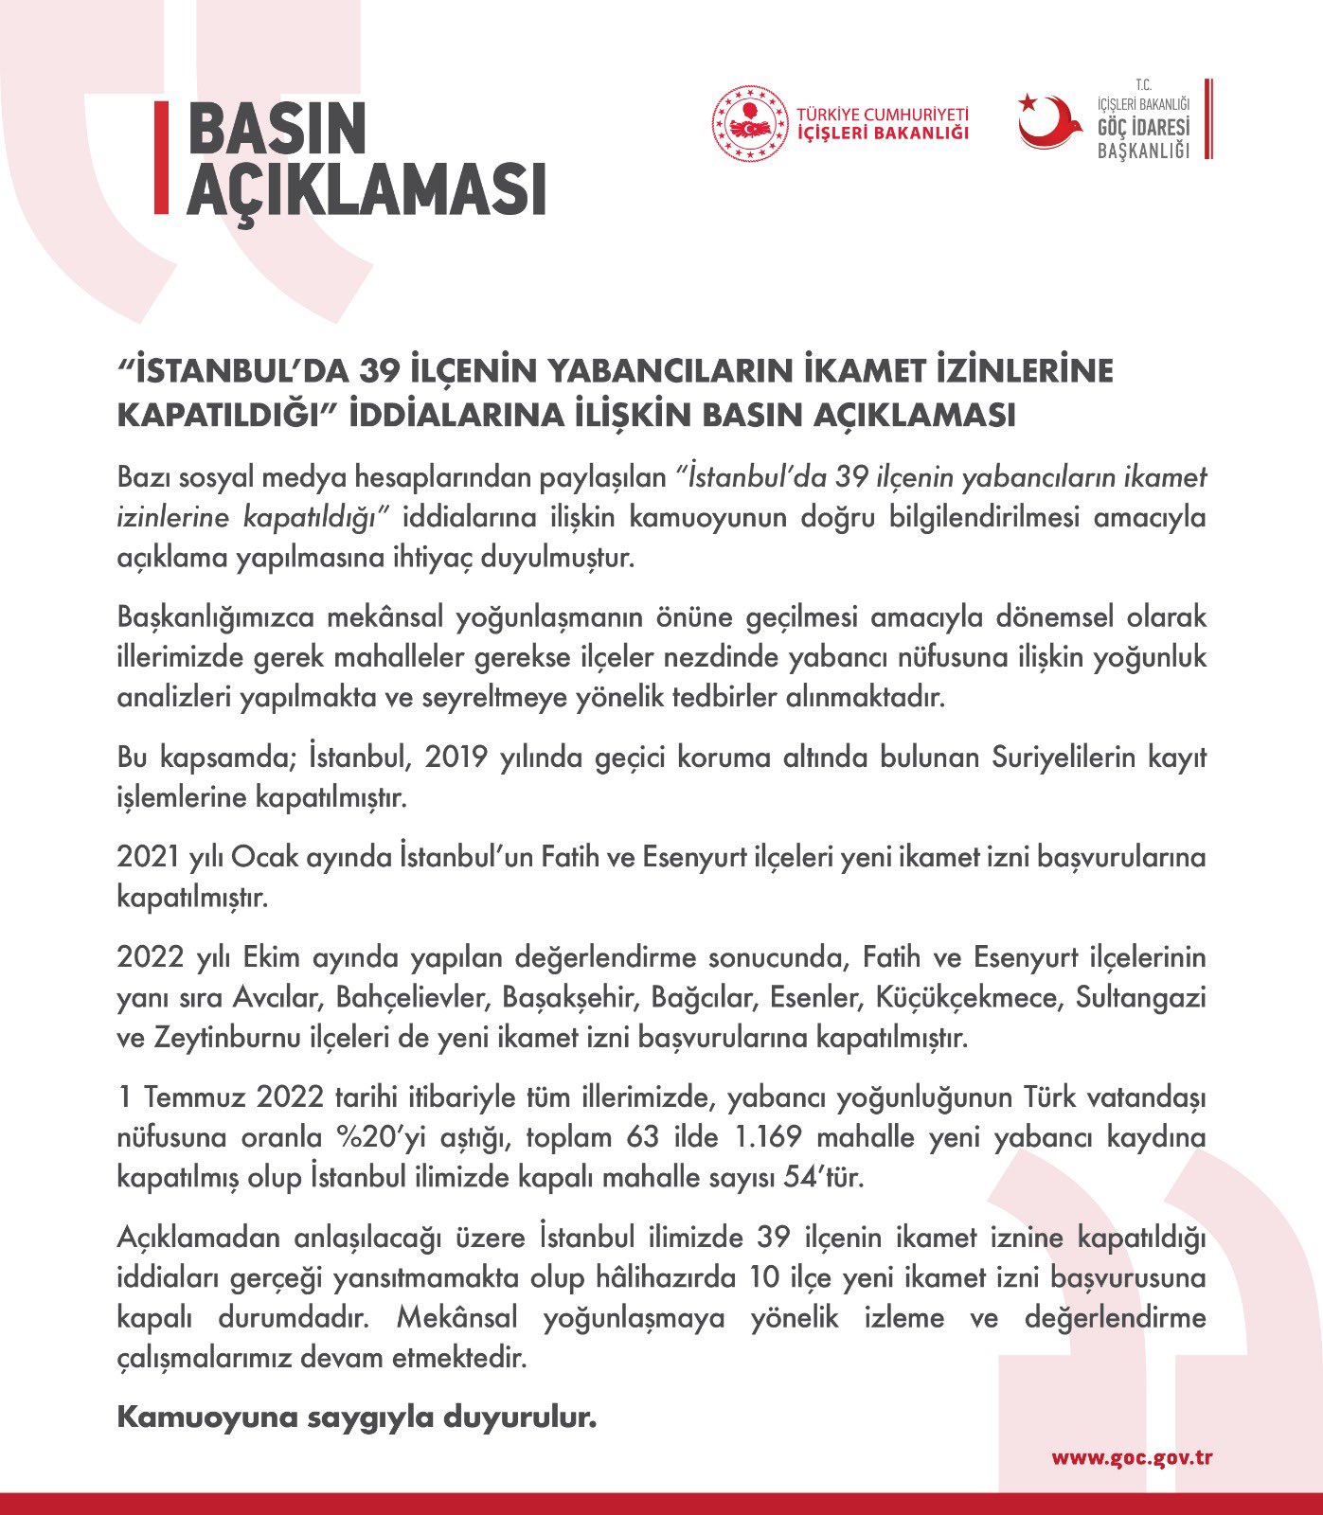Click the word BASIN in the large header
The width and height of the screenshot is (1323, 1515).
[277, 130]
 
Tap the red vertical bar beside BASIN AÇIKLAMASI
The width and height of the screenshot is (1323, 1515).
[161, 157]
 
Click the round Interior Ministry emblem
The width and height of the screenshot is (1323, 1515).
[750, 123]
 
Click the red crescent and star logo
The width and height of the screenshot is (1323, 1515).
[1048, 121]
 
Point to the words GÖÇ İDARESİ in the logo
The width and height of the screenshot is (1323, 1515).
[1143, 128]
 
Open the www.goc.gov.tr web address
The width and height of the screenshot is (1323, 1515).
[1132, 1457]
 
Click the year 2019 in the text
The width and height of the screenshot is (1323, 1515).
[456, 757]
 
